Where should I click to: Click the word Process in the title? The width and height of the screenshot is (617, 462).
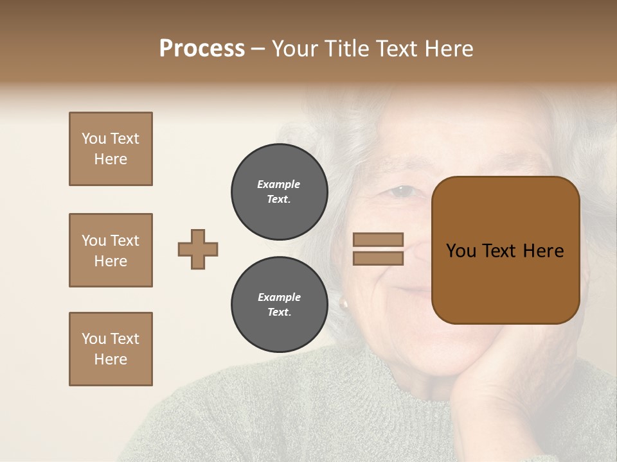(202, 49)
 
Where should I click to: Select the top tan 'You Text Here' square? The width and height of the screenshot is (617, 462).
(111, 149)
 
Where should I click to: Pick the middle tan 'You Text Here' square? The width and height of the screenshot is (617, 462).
(111, 250)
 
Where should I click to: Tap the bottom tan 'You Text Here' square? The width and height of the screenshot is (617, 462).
(111, 349)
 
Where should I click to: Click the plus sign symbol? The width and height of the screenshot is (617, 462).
(198, 249)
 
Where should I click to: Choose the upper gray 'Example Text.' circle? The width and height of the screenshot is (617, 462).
(280, 192)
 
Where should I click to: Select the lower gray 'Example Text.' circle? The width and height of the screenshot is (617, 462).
(280, 305)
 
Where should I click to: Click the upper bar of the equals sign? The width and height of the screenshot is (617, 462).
(378, 239)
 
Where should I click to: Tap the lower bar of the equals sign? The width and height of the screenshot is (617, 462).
(378, 259)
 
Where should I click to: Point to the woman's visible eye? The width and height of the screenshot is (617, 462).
(402, 191)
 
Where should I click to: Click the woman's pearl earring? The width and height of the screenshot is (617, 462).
(344, 304)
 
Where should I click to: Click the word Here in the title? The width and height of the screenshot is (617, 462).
(449, 49)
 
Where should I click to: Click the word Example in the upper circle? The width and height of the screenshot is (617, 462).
(279, 184)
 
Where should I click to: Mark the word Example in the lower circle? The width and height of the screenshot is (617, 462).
(279, 297)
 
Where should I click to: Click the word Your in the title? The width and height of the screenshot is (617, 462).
(293, 49)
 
